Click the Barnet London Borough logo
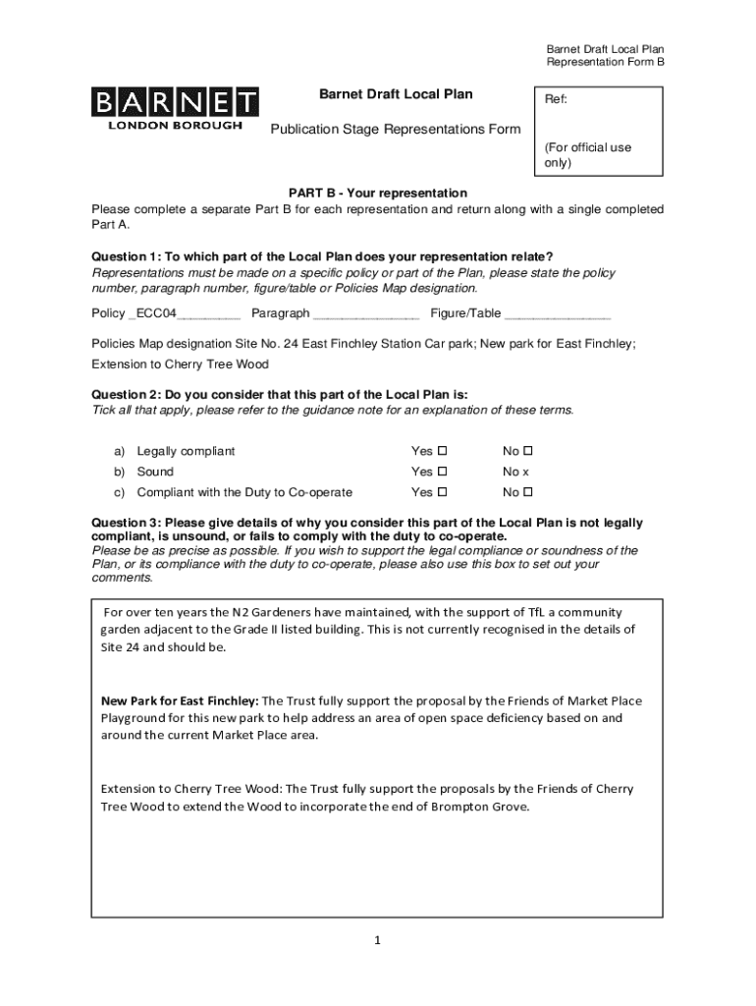pyautogui.click(x=175, y=108)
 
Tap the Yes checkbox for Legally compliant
pyautogui.click(x=442, y=451)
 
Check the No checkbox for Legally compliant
pyautogui.click(x=527, y=451)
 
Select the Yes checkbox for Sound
pyautogui.click(x=442, y=472)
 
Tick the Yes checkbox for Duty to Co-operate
pyautogui.click(x=442, y=492)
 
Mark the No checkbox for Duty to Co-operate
pyautogui.click(x=527, y=492)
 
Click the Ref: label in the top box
pyautogui.click(x=556, y=100)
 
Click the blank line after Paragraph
pyautogui.click(x=365, y=315)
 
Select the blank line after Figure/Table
pyautogui.click(x=557, y=315)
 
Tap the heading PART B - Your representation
pyautogui.click(x=377, y=193)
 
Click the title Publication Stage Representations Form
pyautogui.click(x=396, y=130)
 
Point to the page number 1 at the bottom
pyautogui.click(x=376, y=940)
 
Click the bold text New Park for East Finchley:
pyautogui.click(x=181, y=700)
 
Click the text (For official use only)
pyautogui.click(x=587, y=155)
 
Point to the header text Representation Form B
pyautogui.click(x=605, y=63)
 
